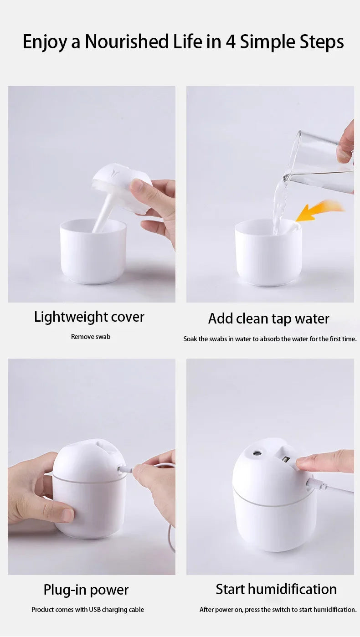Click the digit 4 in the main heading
click(x=230, y=42)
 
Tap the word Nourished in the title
click(x=126, y=42)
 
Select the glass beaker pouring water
click(x=321, y=162)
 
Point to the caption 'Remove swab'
click(x=91, y=337)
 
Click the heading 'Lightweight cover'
click(x=89, y=317)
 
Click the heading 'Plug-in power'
click(x=86, y=590)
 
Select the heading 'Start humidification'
click(x=276, y=589)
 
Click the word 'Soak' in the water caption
click(x=190, y=339)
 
